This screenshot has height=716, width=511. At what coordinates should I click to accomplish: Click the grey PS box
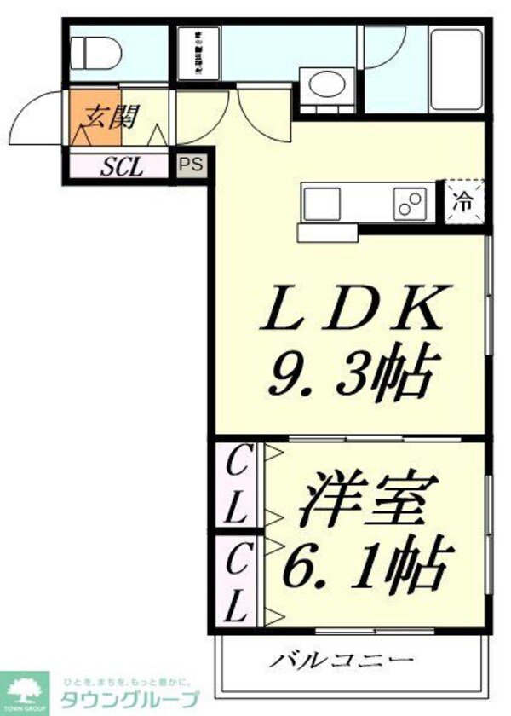191,165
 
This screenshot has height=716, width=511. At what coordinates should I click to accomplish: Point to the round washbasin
324,86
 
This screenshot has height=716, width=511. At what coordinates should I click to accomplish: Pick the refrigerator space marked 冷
462,203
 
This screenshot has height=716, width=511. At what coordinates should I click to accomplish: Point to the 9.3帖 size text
350,375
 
